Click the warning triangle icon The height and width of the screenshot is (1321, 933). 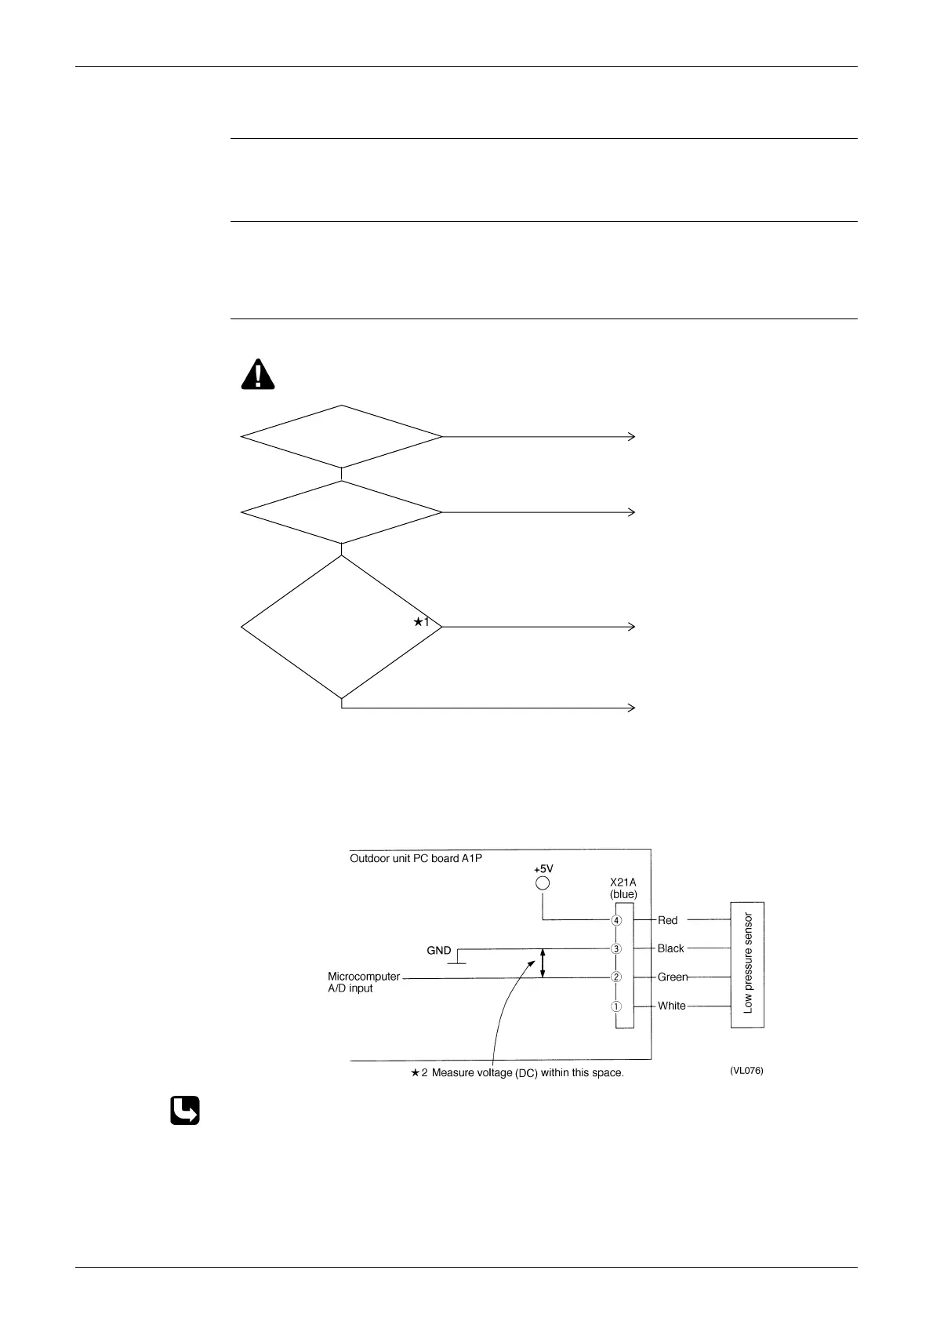(x=258, y=374)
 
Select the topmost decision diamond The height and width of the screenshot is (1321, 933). (x=342, y=436)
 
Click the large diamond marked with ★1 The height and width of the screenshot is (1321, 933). (x=342, y=627)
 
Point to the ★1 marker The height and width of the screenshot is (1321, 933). (x=422, y=622)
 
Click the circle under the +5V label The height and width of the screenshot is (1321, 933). (x=542, y=883)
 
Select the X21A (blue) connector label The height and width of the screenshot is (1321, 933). (x=623, y=888)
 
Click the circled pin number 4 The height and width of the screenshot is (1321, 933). (x=617, y=920)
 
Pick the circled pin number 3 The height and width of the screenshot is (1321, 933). (x=617, y=948)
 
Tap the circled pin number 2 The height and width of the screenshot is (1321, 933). (x=617, y=977)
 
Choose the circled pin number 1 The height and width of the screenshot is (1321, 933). (x=617, y=1006)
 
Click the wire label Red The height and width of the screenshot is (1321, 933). (x=667, y=920)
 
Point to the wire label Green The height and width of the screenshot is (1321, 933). (x=672, y=977)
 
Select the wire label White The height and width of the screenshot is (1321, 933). (x=671, y=1006)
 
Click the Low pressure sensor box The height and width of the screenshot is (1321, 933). (x=747, y=964)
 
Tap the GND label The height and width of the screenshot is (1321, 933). (x=438, y=951)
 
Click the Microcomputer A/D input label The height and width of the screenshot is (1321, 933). (x=363, y=982)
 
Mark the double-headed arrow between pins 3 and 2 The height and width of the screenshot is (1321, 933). (x=543, y=963)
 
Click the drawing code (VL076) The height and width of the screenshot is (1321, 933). (x=746, y=1071)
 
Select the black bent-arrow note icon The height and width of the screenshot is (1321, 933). (x=185, y=1111)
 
